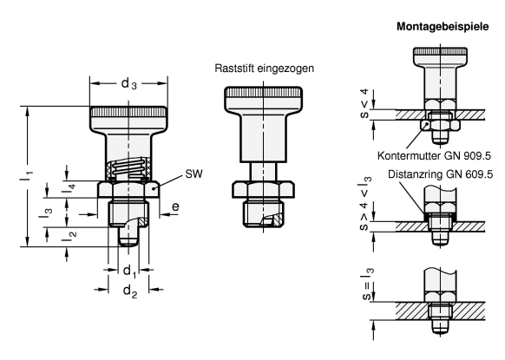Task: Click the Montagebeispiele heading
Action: (443, 26)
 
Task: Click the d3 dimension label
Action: (128, 84)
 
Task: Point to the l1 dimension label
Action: (26, 174)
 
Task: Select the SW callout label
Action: (193, 173)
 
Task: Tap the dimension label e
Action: (175, 206)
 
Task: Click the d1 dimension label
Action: (129, 272)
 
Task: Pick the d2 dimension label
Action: (130, 291)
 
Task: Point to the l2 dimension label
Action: (69, 237)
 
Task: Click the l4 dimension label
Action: (69, 189)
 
